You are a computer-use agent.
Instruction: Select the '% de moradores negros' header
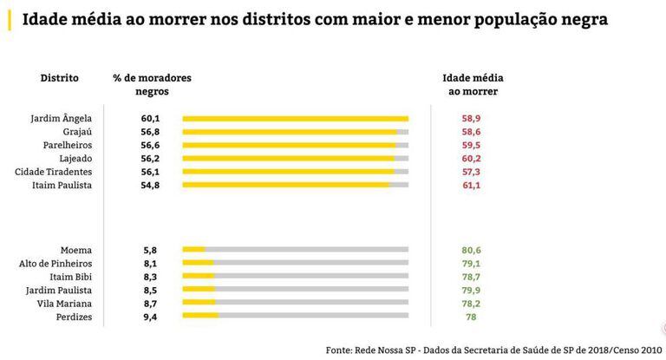coord(152,84)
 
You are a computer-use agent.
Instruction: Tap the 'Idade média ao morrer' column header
coord(473,84)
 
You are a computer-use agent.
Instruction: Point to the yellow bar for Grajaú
coord(290,132)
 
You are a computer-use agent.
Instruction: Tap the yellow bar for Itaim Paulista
coord(285,186)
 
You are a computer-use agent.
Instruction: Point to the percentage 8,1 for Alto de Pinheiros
coord(150,263)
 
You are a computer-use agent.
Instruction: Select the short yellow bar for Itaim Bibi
coord(198,277)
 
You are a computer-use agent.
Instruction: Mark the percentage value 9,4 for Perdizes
coord(150,317)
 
